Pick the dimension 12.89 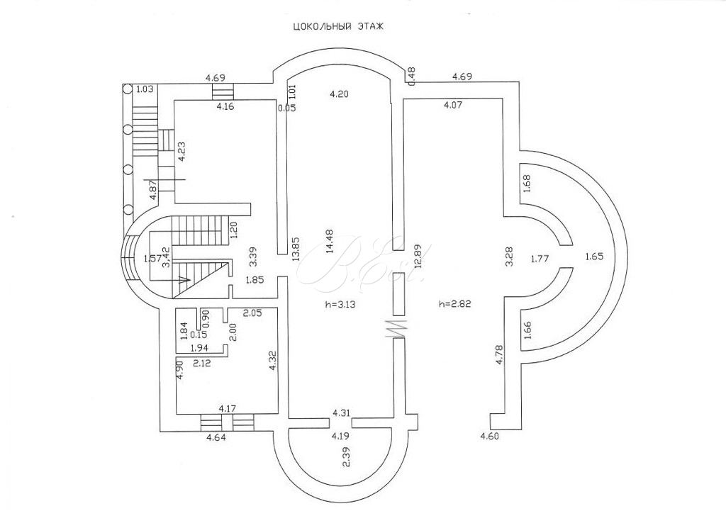[x=419, y=255]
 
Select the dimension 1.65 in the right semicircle [x=594, y=257]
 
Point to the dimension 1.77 [x=540, y=259]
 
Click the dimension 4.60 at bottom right [x=490, y=437]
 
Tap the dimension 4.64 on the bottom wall [x=217, y=438]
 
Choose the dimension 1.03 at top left [x=145, y=89]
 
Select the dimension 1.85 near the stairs [x=255, y=280]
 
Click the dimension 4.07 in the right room [x=453, y=106]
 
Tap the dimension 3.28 [x=508, y=255]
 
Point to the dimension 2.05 [x=252, y=313]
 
